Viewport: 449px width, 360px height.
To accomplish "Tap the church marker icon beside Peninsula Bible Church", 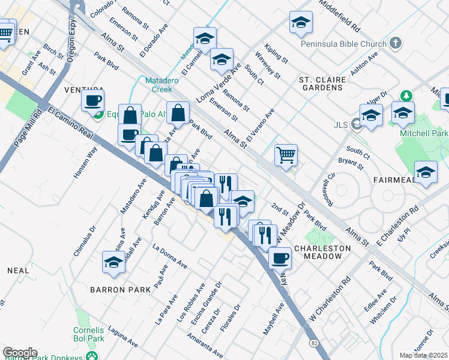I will pos(394,43).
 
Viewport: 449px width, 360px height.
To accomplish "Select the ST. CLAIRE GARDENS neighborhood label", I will pos(322,84).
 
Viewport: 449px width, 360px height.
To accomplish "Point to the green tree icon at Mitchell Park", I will pos(406,96).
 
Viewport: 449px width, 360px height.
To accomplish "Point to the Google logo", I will pos(20,352).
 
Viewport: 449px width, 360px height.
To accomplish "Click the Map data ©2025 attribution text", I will pos(423,355).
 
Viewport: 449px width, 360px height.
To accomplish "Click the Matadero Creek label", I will pos(158,85).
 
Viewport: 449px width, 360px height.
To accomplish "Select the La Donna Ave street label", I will pos(170,256).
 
